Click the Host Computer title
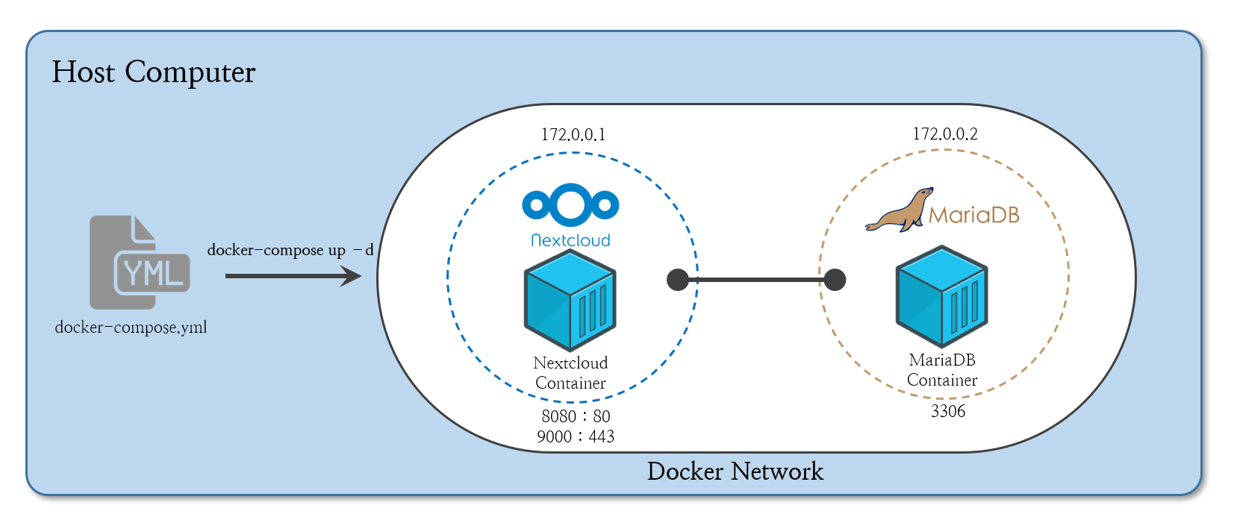click(154, 72)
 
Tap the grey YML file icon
click(140, 262)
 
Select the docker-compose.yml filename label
click(131, 328)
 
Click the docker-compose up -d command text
click(290, 250)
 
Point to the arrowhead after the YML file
click(350, 275)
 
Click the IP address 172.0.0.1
click(573, 135)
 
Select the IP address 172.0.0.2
click(945, 134)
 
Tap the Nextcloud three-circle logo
click(570, 205)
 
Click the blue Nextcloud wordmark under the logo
click(570, 240)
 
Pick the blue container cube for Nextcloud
click(570, 301)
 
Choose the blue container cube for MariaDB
click(941, 296)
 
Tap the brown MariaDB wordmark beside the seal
click(973, 215)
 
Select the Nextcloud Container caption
click(570, 372)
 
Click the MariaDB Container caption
click(942, 370)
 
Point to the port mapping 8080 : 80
click(576, 416)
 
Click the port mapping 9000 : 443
click(576, 436)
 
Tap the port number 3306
click(947, 411)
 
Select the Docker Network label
click(735, 472)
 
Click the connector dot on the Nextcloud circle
click(678, 280)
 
